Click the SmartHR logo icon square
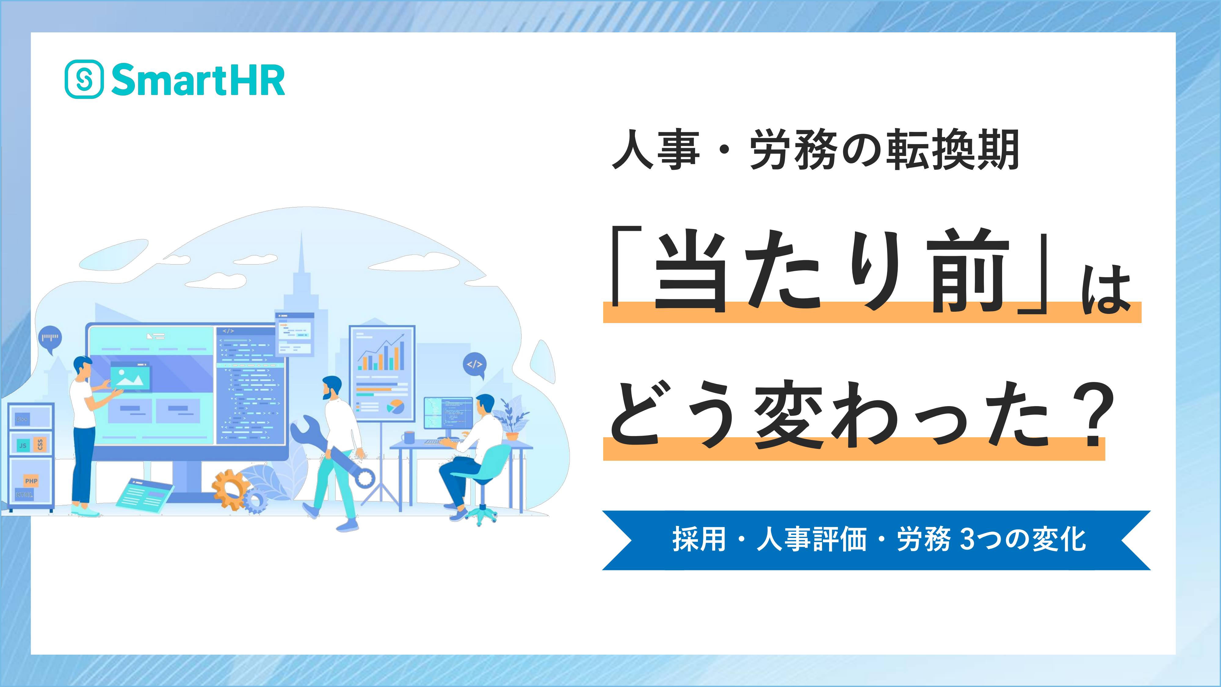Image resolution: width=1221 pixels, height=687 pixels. pyautogui.click(x=84, y=79)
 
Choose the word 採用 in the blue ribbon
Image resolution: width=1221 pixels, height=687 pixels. pyautogui.click(x=699, y=540)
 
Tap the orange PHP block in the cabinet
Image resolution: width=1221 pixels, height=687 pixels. pyautogui.click(x=31, y=481)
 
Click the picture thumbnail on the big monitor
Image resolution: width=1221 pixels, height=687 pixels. pyautogui.click(x=130, y=377)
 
